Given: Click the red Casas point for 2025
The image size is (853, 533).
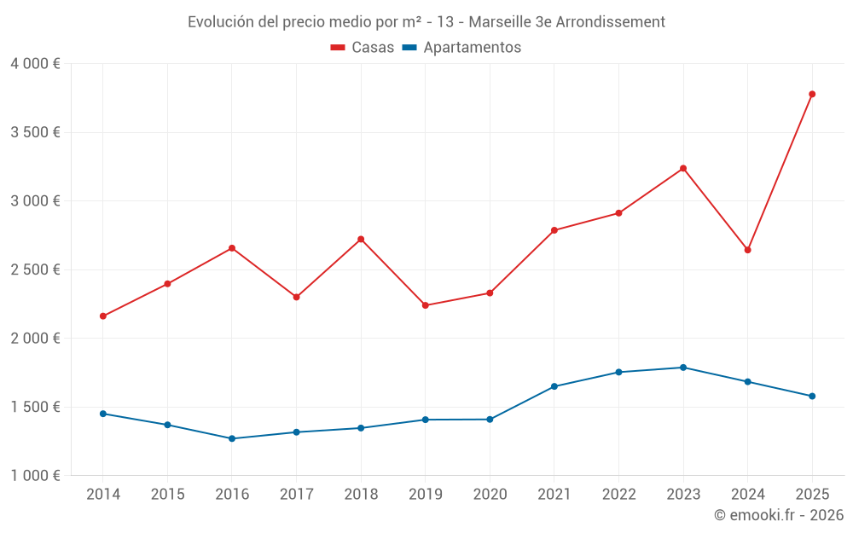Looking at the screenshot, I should click(812, 94).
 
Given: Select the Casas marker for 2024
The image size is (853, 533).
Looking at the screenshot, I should click(747, 250).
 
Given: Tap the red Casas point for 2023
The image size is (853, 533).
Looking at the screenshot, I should click(683, 168).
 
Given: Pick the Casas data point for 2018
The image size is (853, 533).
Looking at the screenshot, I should click(361, 239).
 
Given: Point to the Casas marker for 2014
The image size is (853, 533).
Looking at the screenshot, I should click(103, 316).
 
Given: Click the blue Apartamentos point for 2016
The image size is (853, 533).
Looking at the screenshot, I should click(232, 438).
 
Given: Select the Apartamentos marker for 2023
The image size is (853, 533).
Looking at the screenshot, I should click(683, 368).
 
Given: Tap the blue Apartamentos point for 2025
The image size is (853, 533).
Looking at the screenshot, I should click(812, 396).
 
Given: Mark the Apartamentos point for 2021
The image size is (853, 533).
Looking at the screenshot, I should click(554, 386).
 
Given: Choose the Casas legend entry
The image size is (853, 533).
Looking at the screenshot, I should click(363, 48).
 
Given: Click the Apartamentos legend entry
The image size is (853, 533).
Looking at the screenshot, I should click(461, 48).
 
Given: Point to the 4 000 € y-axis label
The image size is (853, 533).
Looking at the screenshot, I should click(35, 64).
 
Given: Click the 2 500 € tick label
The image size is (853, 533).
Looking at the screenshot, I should click(35, 269).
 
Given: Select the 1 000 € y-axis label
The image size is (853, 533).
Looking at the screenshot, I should click(35, 476).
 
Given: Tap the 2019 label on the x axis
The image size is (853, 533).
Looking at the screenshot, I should click(425, 494).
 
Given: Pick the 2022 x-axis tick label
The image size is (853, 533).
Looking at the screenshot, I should click(618, 494).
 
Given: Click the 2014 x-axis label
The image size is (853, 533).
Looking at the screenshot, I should click(103, 494).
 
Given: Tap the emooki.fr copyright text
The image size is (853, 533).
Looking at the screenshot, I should click(779, 515).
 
